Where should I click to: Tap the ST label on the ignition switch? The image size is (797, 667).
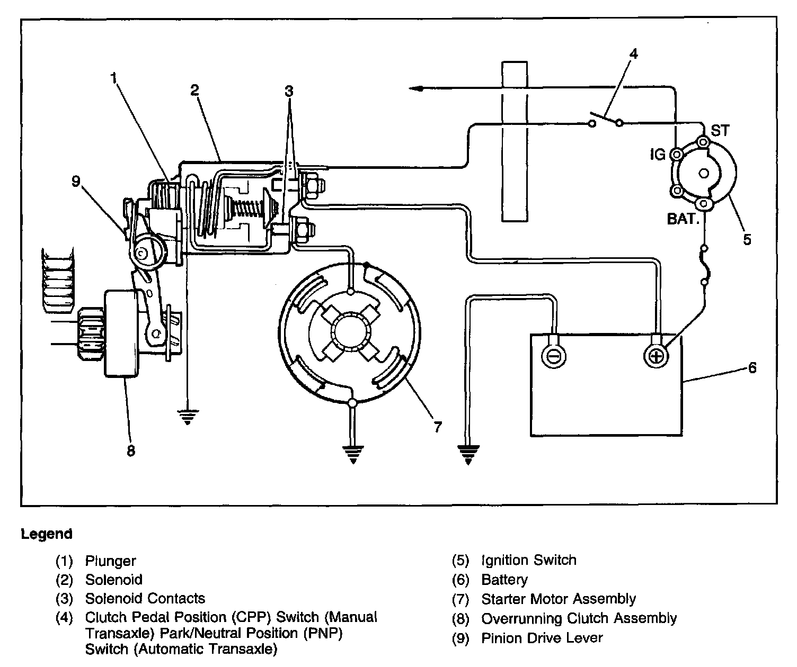point(720,130)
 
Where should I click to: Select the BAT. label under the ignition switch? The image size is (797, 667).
point(683,219)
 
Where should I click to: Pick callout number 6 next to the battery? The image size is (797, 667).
point(752,367)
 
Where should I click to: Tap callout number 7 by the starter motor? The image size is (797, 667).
point(437,427)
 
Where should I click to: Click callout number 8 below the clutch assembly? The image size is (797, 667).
point(130,450)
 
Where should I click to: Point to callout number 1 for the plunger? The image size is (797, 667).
point(113,78)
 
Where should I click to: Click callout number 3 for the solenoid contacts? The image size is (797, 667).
point(288,91)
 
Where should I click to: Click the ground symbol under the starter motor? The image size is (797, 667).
point(353,454)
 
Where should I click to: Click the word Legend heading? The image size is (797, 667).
point(47,534)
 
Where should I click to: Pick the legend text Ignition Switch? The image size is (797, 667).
point(528,560)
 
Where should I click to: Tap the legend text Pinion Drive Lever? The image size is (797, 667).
point(542,638)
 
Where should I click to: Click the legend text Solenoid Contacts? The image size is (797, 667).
point(145,599)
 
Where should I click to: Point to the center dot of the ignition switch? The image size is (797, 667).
point(704,173)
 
